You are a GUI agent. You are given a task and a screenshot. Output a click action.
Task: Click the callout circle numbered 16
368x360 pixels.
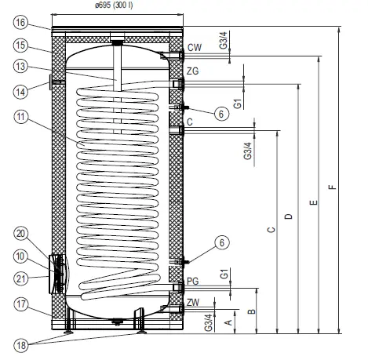tap(21, 22)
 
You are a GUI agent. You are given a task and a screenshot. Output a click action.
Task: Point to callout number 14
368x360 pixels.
tap(21, 90)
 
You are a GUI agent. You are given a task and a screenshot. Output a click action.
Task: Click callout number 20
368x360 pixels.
tap(21, 232)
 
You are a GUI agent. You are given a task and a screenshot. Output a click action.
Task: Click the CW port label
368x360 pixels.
tap(194, 47)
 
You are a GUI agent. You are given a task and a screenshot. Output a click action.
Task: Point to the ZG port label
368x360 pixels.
tap(193, 71)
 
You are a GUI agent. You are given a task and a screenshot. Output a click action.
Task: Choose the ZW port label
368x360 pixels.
tap(193, 302)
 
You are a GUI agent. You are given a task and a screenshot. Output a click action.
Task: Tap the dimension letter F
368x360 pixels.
tap(333, 186)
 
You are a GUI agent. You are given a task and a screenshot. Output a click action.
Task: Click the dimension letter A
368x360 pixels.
tap(228, 321)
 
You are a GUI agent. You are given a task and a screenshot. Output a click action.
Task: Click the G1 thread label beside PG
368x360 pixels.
tap(224, 275)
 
